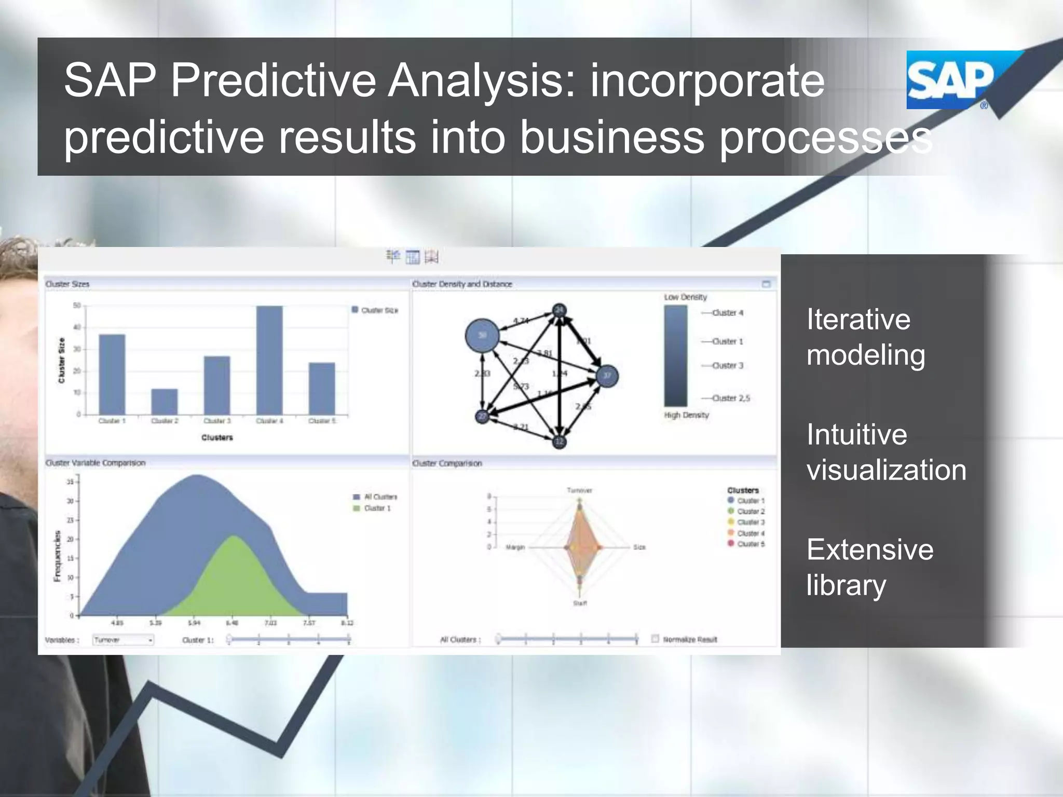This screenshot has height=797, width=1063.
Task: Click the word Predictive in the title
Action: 272,80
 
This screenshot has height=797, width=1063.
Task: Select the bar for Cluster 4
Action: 269,360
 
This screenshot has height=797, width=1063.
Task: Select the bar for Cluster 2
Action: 165,402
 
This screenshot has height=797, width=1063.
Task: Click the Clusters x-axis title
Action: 217,438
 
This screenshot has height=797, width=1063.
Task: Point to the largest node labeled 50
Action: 482,336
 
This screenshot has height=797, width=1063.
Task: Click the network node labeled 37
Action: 607,376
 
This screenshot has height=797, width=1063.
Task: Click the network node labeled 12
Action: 559,442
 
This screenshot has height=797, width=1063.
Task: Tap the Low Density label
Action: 685,297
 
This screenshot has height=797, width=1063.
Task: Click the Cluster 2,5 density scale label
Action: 731,398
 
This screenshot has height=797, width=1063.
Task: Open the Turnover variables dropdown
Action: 124,640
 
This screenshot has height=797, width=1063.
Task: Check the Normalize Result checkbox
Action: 655,639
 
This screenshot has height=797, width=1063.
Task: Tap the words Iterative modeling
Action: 865,337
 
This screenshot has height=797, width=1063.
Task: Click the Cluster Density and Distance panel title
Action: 462,284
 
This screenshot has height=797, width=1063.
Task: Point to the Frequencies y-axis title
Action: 58,556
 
